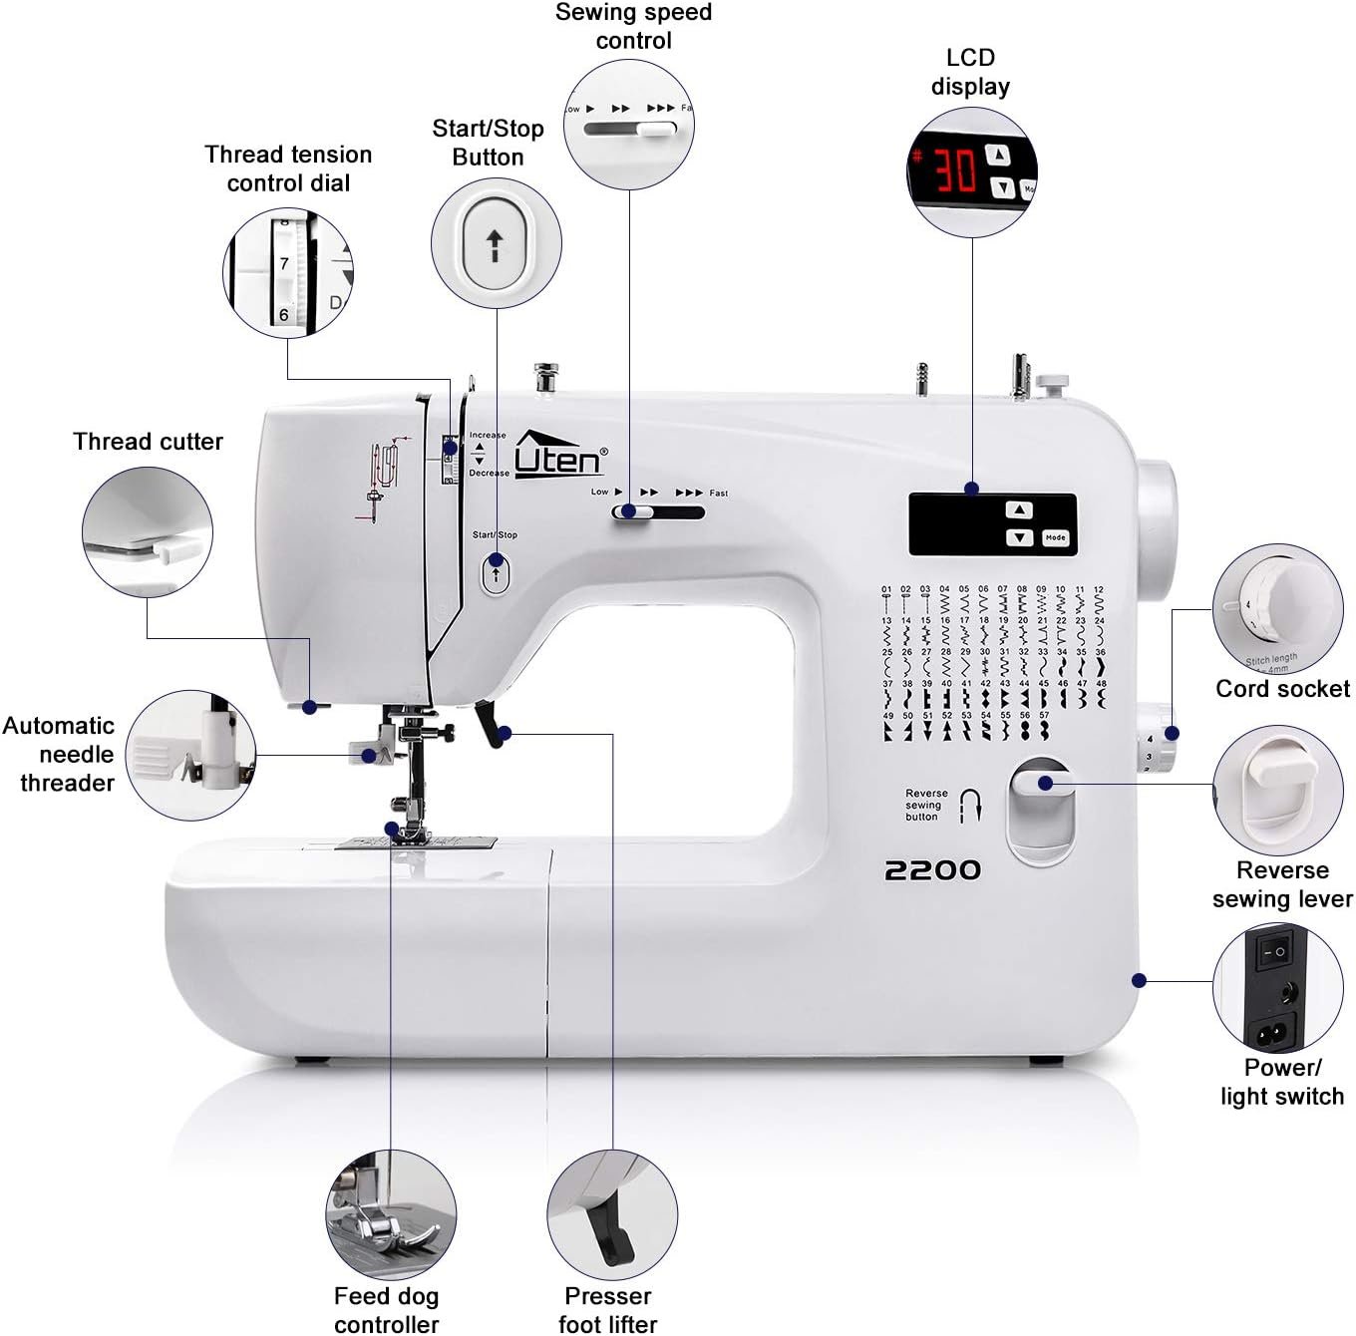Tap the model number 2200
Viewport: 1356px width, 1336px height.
932,870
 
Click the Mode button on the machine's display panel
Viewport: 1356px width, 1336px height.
1055,537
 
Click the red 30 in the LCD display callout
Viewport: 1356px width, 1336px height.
954,170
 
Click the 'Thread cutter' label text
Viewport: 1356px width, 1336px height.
148,442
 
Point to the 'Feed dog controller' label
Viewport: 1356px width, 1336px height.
386,1310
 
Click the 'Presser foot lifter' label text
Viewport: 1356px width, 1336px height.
607,1310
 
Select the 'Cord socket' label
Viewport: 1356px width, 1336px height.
1282,689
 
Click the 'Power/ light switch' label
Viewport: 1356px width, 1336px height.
1282,1082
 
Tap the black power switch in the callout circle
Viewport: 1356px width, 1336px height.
1273,952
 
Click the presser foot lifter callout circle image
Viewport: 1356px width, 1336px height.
611,1215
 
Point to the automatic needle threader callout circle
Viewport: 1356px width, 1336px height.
190,756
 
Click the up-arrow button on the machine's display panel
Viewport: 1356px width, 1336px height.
1018,510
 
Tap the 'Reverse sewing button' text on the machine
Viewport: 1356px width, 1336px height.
925,805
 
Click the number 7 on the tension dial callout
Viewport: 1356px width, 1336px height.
284,264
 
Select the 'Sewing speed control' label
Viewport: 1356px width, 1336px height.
633,27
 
